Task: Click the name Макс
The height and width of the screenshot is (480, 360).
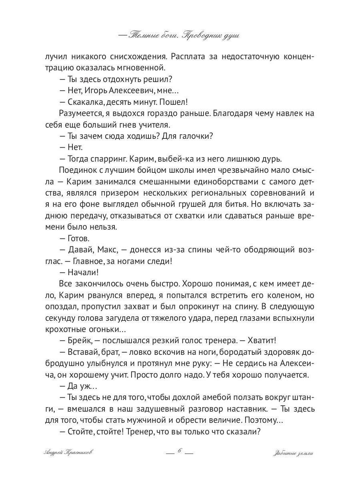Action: pos(108,250)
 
